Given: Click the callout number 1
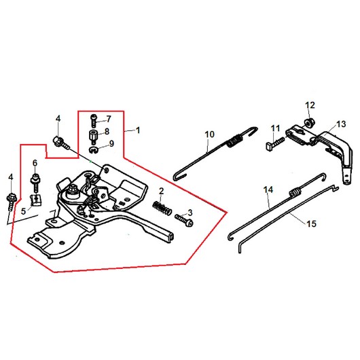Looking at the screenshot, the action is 138,130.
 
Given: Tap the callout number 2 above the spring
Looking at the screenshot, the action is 162,191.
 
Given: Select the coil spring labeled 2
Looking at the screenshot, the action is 162,208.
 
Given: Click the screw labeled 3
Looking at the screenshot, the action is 184,220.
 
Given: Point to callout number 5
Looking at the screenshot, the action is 23,211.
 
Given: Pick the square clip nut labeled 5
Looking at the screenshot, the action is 35,200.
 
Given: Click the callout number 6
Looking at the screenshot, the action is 35,163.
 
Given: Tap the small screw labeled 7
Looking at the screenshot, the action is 94,120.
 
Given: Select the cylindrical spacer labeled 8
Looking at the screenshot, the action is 94,137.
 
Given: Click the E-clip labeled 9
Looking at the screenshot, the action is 93,150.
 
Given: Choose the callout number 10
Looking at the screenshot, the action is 209,134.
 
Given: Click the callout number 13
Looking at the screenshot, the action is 341,124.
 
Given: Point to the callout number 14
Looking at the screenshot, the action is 268,190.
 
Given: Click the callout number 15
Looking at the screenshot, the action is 312,223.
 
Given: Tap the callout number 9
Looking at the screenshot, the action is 111,143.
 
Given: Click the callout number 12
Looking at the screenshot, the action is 310,105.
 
